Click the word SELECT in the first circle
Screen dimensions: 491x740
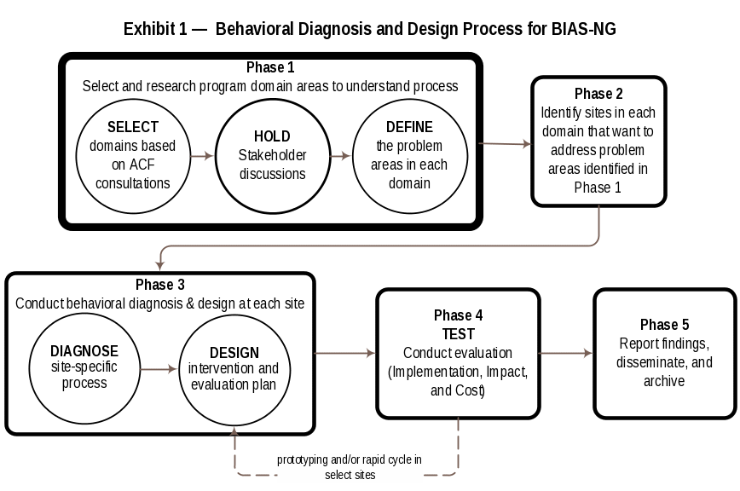tap(133, 127)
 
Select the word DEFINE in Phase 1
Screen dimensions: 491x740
tap(409, 127)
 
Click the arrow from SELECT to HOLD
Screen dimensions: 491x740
tap(202, 156)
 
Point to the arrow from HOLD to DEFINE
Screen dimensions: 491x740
tap(341, 156)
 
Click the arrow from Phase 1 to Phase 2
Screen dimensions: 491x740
tap(505, 144)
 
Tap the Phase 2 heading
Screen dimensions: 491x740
tap(598, 94)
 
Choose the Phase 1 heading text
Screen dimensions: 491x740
tap(270, 68)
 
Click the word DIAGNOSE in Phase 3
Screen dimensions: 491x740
tap(84, 351)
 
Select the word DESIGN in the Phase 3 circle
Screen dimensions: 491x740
tap(234, 353)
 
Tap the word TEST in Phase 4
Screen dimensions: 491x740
tap(458, 334)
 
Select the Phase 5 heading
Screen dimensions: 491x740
tap(664, 325)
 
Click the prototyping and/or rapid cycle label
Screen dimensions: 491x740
tap(350, 467)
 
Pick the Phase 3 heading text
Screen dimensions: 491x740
tap(159, 285)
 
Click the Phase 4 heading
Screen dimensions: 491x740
tap(458, 315)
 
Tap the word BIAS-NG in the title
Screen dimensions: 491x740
tap(582, 29)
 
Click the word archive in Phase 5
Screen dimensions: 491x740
tap(664, 381)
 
